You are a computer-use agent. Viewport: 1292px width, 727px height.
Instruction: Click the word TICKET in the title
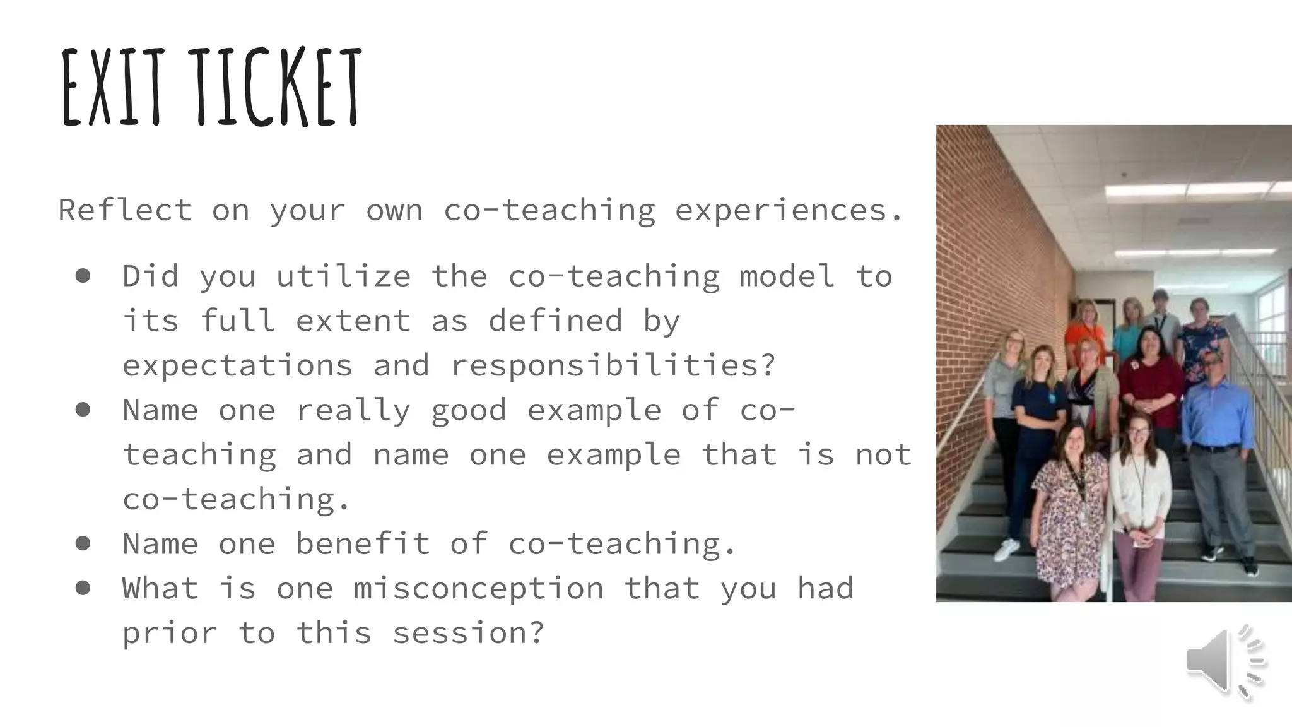(278, 88)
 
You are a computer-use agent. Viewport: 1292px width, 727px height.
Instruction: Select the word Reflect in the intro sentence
(125, 210)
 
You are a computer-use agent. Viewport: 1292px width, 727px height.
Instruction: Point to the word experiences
(789, 211)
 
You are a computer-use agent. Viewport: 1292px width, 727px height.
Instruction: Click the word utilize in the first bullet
(343, 276)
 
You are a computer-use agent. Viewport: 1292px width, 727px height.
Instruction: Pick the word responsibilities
(613, 365)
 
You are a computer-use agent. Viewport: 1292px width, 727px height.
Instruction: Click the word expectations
(237, 365)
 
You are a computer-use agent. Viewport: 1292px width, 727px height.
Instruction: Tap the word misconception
(478, 589)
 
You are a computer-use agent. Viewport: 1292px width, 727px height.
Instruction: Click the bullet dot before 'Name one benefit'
(83, 543)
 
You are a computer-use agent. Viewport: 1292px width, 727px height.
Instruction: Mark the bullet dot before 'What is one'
(83, 588)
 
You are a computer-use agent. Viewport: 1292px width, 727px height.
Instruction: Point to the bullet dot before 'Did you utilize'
(83, 276)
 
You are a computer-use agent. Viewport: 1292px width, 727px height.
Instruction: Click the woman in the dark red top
(1149, 379)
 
